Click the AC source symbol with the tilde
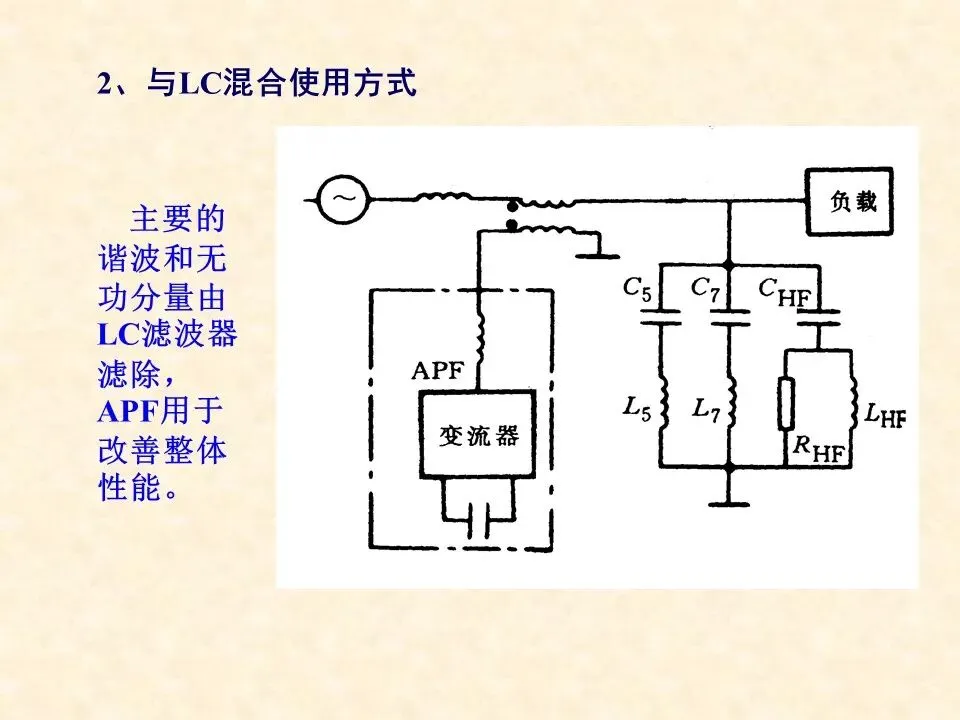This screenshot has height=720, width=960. tap(342, 196)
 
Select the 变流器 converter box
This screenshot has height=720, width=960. tap(479, 436)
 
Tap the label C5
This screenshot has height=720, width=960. tap(637, 289)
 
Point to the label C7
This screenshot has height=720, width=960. tap(706, 289)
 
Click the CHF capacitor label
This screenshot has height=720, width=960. tap(784, 291)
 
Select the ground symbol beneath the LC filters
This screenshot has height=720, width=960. tap(730, 496)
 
